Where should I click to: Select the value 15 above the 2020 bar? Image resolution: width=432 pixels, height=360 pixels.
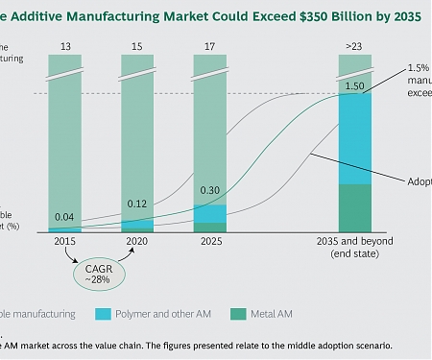point(136,45)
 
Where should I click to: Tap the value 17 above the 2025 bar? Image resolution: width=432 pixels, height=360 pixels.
point(210,45)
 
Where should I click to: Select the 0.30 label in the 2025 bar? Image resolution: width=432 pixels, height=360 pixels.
point(210,190)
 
